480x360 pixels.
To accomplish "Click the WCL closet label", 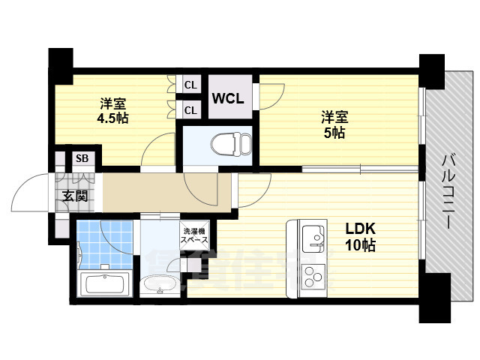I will [x=227, y=98].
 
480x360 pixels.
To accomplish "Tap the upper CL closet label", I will [x=190, y=85].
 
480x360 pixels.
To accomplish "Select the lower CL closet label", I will [x=190, y=110].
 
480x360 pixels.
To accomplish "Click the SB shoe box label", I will [x=80, y=159].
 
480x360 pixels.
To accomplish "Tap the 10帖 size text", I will [x=361, y=245].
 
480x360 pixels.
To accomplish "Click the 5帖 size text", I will [x=334, y=133].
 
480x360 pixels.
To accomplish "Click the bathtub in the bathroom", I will [x=106, y=284].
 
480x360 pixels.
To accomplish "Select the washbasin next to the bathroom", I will [x=159, y=285].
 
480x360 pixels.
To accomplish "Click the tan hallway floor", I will [x=165, y=193].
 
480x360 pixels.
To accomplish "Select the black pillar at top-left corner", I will [x=61, y=60].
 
